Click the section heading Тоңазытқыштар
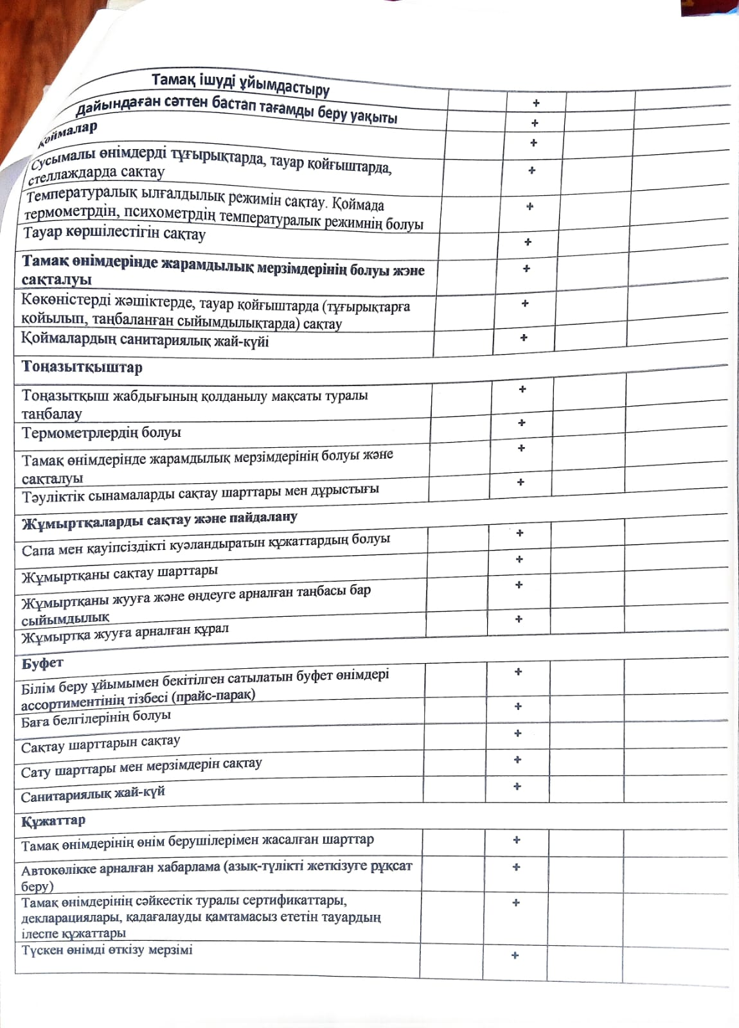(x=82, y=368)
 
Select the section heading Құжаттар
(x=53, y=821)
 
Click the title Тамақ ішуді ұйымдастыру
(x=240, y=84)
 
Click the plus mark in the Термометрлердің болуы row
(x=522, y=423)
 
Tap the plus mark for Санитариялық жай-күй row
(x=517, y=786)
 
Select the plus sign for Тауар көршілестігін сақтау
(x=528, y=242)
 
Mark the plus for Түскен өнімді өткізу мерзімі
(x=515, y=955)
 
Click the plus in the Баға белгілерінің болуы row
(x=518, y=707)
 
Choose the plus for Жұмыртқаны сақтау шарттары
(x=519, y=560)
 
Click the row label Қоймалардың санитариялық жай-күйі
(x=145, y=340)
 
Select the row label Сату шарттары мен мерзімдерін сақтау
(x=141, y=768)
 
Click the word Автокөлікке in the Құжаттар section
(x=58, y=871)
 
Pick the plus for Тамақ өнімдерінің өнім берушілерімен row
(x=516, y=840)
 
